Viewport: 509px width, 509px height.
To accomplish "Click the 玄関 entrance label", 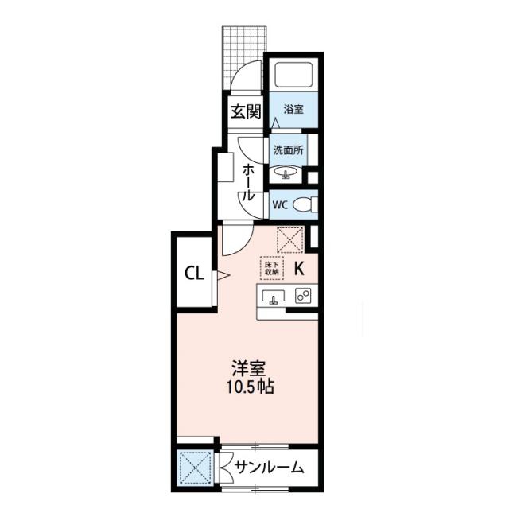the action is tap(246, 111).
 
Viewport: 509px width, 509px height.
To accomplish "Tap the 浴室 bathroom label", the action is tap(293, 110).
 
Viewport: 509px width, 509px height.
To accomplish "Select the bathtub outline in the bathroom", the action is tap(293, 74).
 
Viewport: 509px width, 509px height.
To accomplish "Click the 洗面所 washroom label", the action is tap(288, 150).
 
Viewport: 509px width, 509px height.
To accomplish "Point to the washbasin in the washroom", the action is tap(285, 173).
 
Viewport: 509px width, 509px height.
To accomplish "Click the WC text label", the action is tap(280, 205).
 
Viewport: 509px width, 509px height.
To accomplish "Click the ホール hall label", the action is tap(248, 182).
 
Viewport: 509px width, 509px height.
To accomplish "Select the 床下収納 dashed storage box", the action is tap(272, 268).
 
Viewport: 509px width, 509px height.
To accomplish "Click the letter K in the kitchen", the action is tap(299, 269).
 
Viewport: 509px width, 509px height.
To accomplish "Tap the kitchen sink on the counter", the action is tap(274, 297).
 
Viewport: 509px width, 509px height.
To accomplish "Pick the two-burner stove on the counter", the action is tap(303, 296).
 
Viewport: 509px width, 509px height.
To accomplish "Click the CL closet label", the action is tap(194, 274).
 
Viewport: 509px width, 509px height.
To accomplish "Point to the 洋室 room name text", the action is tap(249, 368).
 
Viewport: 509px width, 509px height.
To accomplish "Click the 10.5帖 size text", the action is tap(250, 387).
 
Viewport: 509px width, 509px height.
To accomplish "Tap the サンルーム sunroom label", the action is tap(269, 468).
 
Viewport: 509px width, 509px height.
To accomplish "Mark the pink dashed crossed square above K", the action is tap(289, 240).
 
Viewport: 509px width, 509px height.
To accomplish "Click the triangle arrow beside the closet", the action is tap(223, 276).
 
